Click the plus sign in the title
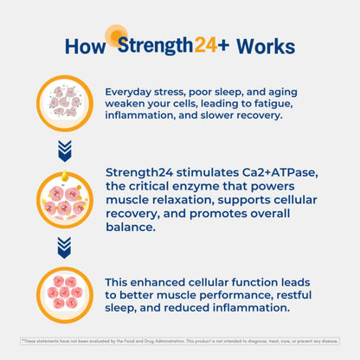tap(223, 45)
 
